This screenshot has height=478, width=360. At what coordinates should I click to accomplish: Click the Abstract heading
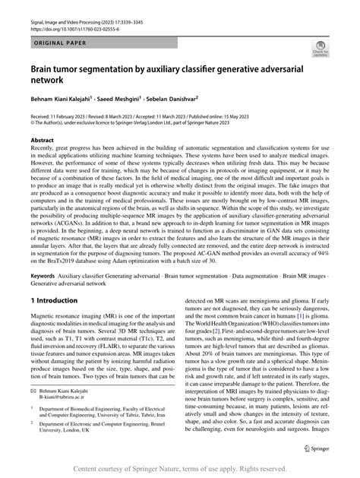coord(42,141)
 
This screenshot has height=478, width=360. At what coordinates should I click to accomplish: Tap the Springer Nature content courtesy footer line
coord(180,470)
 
